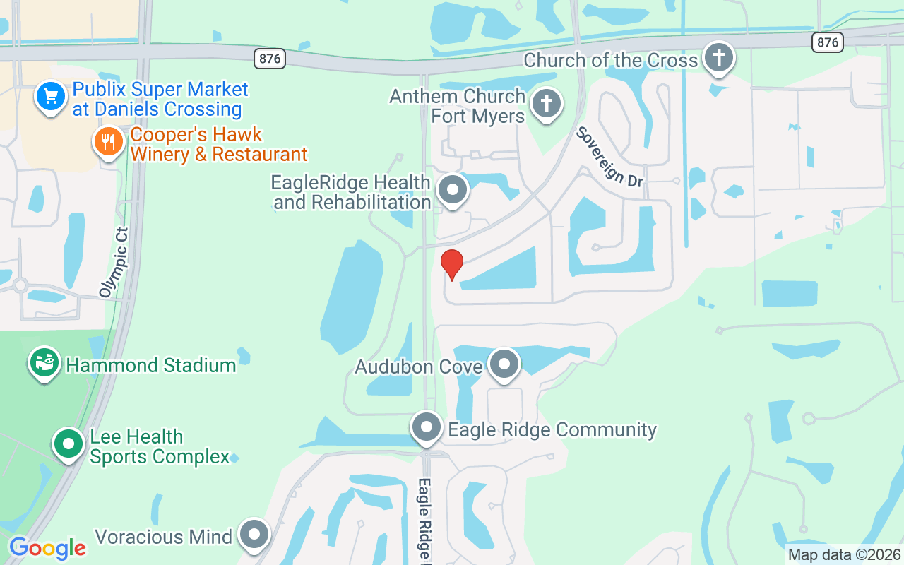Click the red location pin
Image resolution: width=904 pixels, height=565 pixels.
point(452,263)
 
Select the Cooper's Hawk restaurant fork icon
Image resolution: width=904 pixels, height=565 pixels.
point(108,143)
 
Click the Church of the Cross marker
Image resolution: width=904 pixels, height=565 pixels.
point(718,56)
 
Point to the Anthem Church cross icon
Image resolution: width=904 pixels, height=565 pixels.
point(546,104)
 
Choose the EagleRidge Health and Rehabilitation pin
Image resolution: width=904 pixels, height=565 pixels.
point(453,190)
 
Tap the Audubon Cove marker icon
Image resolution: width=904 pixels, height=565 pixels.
point(504,364)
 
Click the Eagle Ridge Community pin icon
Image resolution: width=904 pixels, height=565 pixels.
point(427,427)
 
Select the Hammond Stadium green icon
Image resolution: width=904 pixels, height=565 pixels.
point(44,363)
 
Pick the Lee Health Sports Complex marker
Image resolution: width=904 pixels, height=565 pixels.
point(69,444)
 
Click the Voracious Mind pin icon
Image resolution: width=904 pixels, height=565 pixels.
point(254,535)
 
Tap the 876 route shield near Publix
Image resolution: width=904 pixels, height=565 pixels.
point(270,59)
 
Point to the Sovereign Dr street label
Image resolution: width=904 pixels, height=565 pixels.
point(609,157)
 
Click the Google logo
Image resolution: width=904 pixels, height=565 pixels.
point(47,548)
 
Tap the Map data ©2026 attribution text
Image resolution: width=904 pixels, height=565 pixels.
point(844,555)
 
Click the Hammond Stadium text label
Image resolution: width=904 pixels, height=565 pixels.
point(150,365)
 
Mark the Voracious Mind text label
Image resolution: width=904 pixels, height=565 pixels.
point(163,537)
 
